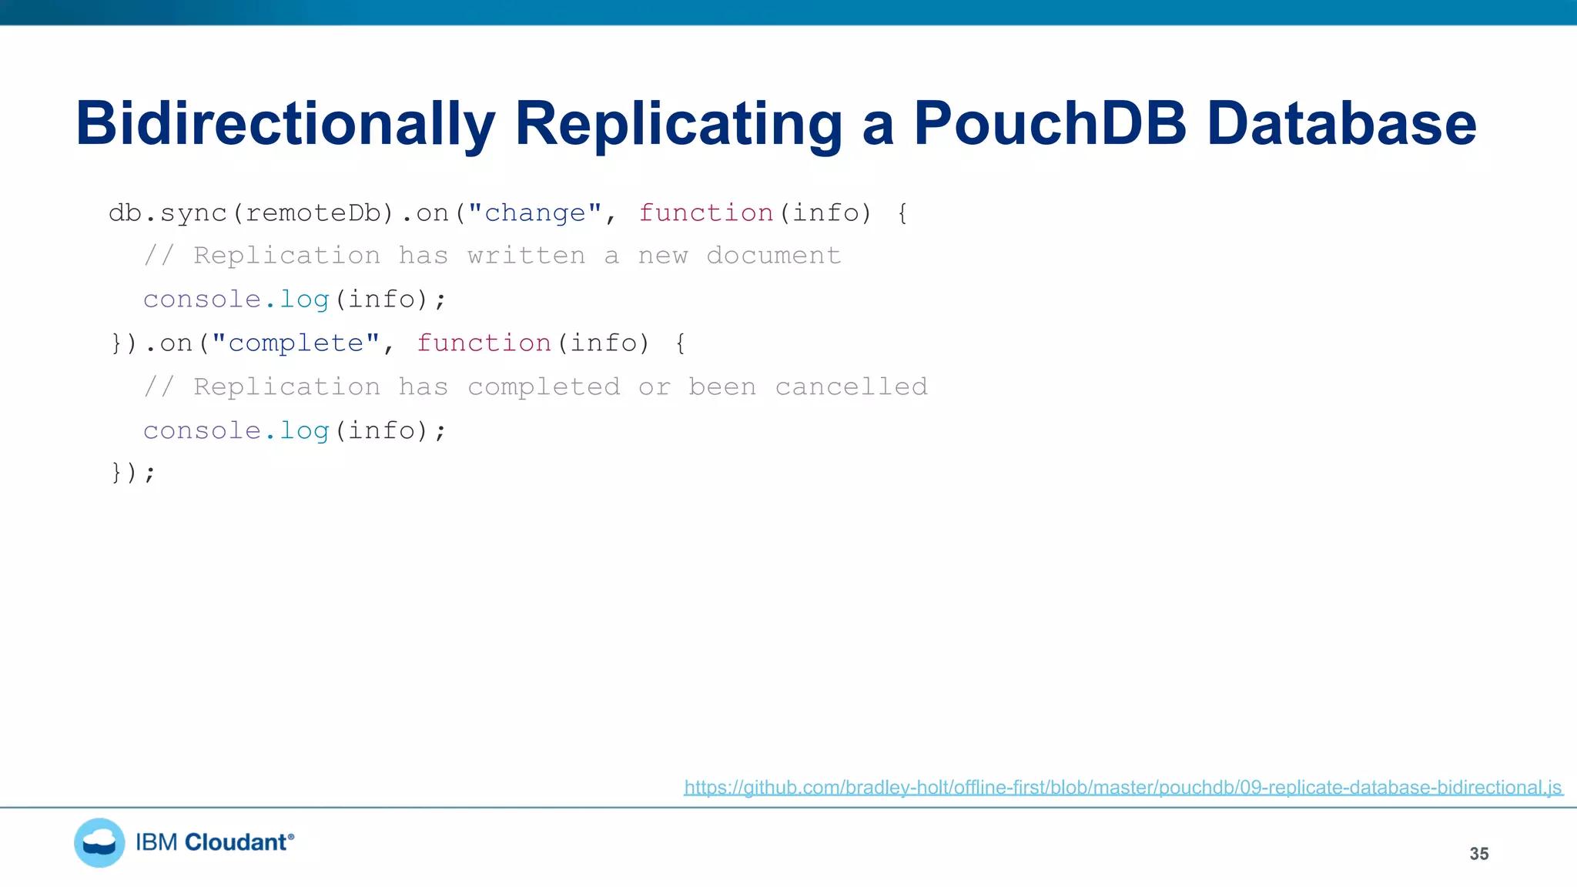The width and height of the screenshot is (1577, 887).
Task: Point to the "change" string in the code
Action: point(534,213)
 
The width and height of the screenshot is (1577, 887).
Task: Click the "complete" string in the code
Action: point(296,343)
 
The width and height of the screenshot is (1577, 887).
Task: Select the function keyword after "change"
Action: point(705,213)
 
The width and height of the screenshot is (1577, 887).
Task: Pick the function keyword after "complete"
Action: point(484,343)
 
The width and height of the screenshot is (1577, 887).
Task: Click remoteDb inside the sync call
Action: point(313,213)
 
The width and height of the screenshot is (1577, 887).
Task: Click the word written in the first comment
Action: point(526,256)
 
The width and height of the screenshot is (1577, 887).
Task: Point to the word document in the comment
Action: point(773,256)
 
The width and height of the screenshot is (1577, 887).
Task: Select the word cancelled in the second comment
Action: point(851,387)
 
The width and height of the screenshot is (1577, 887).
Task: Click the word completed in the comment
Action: point(544,387)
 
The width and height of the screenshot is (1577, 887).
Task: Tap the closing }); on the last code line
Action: point(133,472)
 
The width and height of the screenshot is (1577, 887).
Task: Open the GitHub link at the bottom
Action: point(1123,788)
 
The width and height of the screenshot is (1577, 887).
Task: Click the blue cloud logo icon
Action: point(99,842)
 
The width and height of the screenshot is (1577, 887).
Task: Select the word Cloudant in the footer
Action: point(236,842)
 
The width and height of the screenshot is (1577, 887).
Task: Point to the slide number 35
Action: point(1478,854)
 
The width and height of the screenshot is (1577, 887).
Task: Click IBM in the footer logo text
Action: point(156,842)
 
